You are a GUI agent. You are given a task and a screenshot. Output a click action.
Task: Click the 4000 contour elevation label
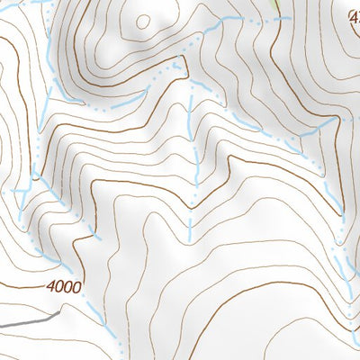62,288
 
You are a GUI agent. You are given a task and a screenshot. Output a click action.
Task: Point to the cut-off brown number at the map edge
354,14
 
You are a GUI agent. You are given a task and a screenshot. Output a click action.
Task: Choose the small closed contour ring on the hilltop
144,20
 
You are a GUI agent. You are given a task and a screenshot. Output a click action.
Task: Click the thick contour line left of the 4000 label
22,286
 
